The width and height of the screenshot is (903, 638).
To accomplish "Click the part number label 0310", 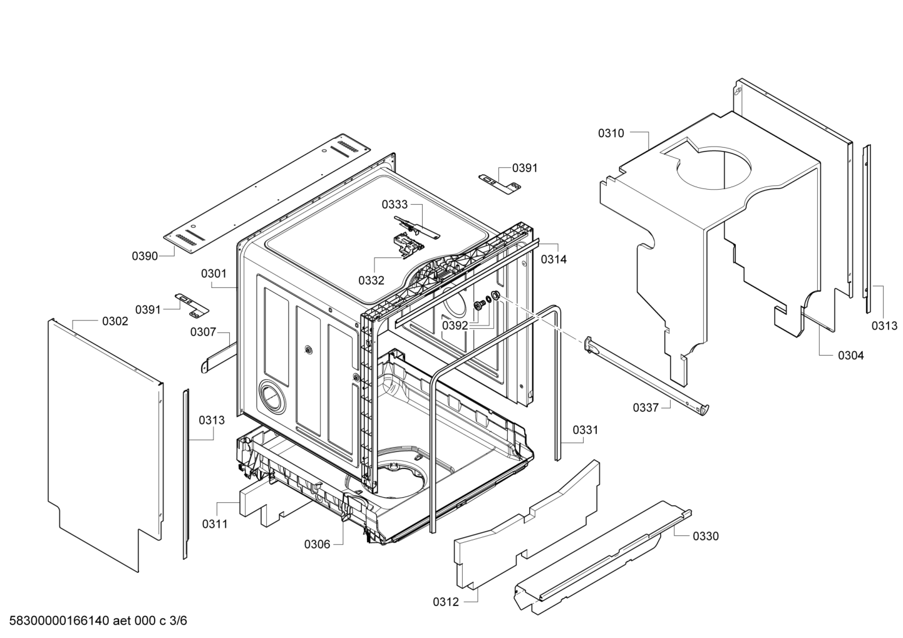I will (x=611, y=133).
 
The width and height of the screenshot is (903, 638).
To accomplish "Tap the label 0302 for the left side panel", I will (x=115, y=321).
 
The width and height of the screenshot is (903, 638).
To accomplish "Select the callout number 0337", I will (x=646, y=408).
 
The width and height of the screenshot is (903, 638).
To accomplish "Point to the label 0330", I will (x=706, y=536).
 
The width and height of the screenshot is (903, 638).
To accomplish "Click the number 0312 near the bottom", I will (x=445, y=602).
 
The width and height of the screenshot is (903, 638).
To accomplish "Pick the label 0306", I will (x=317, y=544).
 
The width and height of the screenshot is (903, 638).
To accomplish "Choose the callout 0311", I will (x=214, y=523).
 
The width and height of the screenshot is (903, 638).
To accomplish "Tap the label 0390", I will (x=145, y=255).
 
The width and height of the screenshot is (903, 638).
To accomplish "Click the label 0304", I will (x=851, y=356).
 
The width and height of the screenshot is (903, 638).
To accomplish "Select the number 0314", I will (x=554, y=259).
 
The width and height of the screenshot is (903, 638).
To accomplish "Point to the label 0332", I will (x=371, y=280).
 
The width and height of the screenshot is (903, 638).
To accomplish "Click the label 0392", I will (x=455, y=325).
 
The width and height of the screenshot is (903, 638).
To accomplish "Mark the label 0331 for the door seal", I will (x=585, y=430).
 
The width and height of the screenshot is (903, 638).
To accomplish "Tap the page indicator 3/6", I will (x=178, y=621).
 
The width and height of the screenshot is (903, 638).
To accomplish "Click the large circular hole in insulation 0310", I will (x=714, y=169).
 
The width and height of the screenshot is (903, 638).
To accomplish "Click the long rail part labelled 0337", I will (x=645, y=376).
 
